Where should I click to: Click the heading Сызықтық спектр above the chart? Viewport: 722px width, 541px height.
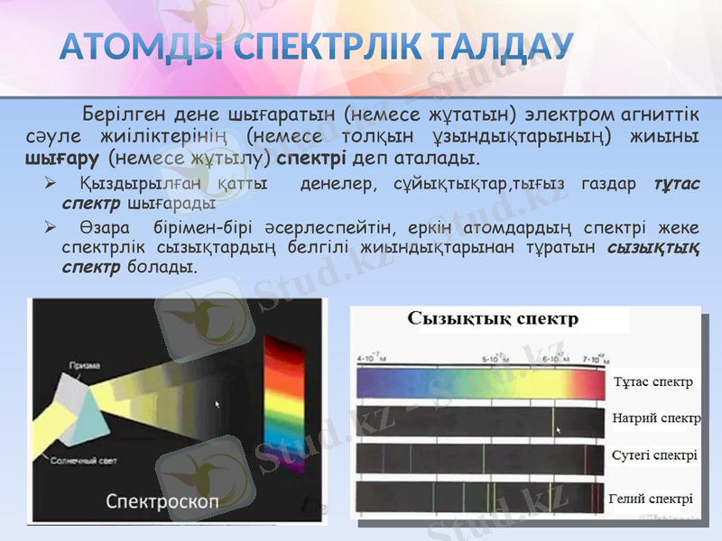[493, 318]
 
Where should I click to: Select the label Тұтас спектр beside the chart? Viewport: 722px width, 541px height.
[653, 381]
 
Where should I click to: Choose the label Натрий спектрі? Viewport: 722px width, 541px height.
[656, 418]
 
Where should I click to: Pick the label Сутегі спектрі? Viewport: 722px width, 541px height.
[653, 455]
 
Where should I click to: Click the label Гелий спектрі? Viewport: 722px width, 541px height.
[651, 499]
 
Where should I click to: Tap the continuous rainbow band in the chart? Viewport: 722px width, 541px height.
[478, 386]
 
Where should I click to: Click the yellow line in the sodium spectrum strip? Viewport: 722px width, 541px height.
[554, 422]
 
